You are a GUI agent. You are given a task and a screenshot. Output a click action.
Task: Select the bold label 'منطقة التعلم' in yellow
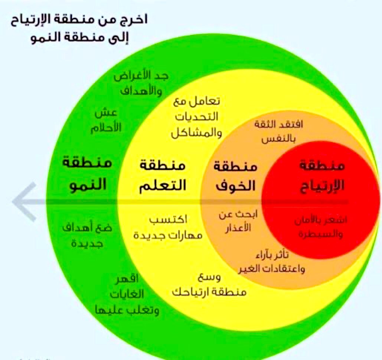[162, 175]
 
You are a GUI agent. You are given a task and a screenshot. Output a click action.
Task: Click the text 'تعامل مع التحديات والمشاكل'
[196, 117]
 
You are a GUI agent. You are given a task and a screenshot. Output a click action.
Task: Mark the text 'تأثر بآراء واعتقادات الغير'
[271, 262]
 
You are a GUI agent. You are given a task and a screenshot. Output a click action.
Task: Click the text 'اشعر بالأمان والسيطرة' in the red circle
[320, 227]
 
